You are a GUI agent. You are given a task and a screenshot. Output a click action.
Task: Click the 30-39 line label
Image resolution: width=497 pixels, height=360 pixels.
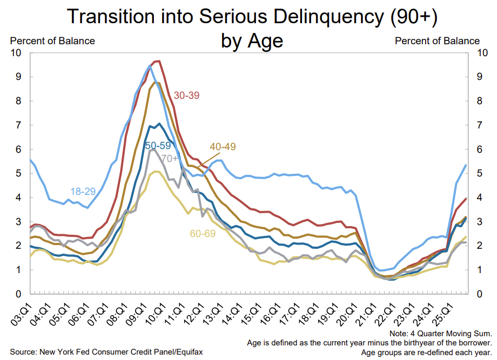click(187, 95)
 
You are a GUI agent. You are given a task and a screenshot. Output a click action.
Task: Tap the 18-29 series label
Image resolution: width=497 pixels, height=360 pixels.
click(83, 191)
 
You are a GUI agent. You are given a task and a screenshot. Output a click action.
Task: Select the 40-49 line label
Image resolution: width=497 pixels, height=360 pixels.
click(223, 146)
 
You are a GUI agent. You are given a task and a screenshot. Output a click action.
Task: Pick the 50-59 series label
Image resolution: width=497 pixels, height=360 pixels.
click(159, 146)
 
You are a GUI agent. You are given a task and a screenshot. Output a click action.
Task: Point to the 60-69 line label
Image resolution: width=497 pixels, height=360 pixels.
click(203, 234)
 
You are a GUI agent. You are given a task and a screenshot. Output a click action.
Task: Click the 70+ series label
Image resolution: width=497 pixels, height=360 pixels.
click(170, 158)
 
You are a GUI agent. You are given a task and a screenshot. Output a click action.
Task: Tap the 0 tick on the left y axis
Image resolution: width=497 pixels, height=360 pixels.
click(18, 294)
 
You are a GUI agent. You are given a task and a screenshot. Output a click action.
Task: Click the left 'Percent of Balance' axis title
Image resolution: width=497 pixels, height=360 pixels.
click(52, 40)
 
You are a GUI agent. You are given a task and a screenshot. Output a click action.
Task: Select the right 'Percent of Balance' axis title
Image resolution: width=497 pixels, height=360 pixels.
click(437, 40)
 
